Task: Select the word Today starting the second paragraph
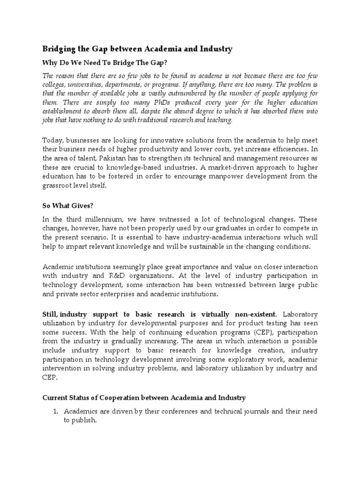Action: [53, 140]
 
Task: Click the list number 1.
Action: [55, 412]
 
